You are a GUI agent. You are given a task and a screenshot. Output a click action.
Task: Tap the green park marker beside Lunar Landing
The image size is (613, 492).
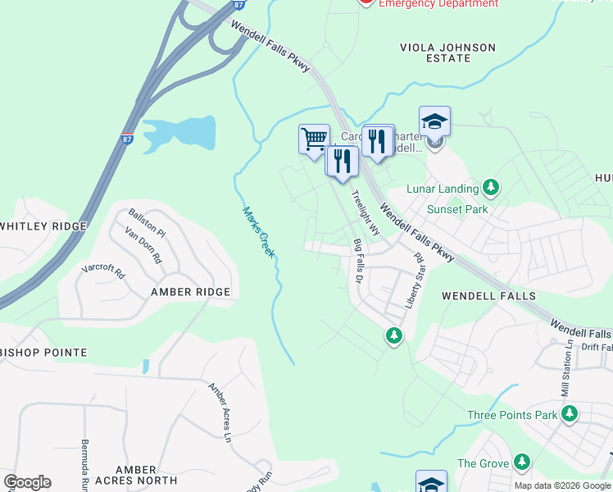(491, 189)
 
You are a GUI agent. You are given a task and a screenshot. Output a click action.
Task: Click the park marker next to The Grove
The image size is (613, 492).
(520, 463)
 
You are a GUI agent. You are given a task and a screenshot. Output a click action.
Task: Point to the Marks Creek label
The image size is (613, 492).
(258, 232)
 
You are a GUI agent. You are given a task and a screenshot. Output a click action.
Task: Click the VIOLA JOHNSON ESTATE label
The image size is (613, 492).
(447, 53)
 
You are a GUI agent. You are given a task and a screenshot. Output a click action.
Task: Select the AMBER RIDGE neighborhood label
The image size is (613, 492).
(190, 292)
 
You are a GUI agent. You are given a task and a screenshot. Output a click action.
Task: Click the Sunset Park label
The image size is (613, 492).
(457, 209)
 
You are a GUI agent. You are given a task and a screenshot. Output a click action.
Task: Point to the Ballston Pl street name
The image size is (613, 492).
(146, 223)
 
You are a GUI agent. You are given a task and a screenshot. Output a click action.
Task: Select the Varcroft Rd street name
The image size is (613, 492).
(102, 268)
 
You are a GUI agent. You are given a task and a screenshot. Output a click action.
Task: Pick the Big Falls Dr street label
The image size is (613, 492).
(358, 262)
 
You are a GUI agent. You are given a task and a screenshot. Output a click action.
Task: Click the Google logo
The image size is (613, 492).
(27, 482)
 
